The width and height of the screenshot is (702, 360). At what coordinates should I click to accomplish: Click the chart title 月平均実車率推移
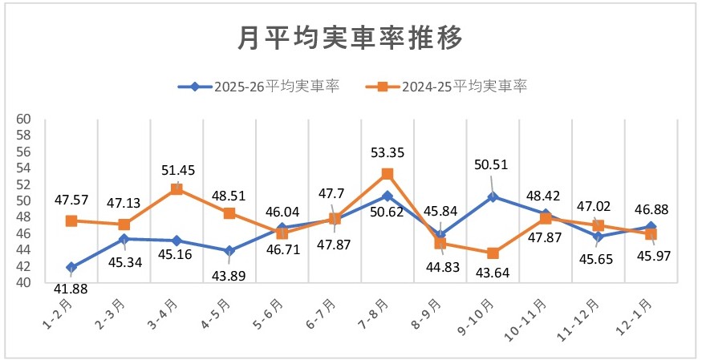351,37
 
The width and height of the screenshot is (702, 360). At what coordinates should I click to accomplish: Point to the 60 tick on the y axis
23,119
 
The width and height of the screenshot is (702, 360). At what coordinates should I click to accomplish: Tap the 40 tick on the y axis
23,283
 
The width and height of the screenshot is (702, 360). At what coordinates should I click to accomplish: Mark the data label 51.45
177,170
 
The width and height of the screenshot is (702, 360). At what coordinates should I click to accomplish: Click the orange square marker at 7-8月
388,174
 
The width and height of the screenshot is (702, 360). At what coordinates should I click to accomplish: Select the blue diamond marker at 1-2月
71,267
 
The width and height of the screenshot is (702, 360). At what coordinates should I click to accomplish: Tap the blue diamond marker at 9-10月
493,196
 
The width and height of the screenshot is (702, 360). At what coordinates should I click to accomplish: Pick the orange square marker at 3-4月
177,189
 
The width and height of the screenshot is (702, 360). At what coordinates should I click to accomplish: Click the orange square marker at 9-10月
493,253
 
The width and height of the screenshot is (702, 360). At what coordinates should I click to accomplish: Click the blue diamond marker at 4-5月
229,251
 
